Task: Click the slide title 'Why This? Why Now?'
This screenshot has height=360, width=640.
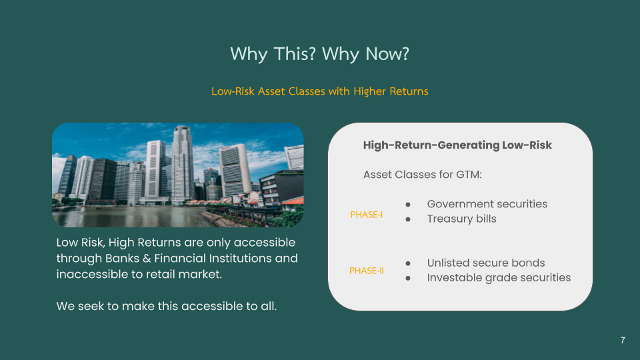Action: pos(319,54)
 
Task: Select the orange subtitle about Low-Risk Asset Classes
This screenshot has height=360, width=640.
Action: pos(319,91)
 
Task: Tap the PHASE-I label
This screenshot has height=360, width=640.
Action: pos(367,215)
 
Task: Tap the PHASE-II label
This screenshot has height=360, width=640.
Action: pos(367,271)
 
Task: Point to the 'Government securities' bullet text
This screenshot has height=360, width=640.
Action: pos(487,204)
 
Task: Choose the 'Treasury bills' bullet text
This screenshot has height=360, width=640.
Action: pos(461,219)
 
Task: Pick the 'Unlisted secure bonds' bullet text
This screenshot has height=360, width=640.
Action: pos(486,263)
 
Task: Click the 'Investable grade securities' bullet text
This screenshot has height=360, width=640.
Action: pos(499,277)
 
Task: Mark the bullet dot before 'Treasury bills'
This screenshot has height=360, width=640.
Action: pos(408,219)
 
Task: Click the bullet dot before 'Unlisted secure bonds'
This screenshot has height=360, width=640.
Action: pos(408,263)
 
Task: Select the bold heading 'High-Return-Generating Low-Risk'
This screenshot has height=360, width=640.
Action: pos(457,145)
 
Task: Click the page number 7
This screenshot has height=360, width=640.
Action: pos(623,340)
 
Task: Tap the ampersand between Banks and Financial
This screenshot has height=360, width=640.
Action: pos(147,259)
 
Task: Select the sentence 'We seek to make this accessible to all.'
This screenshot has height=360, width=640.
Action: pos(167,306)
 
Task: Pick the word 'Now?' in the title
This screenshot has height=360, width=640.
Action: pos(387,54)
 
